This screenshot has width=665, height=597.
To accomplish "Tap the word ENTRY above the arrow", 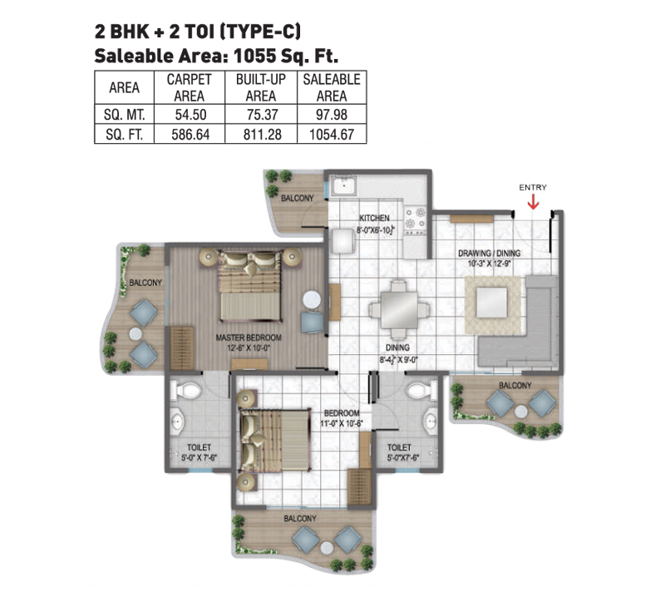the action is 533,187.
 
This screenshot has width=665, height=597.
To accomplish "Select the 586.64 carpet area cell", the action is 190,135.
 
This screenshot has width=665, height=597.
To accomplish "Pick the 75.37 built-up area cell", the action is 261,115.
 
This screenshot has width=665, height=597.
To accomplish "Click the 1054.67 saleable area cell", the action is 332,135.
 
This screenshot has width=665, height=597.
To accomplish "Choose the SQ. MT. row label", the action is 124,115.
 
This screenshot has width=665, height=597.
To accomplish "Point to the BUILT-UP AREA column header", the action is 261,87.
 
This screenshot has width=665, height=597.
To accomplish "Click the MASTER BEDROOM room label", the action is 249,338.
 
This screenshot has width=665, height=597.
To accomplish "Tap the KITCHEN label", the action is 374,218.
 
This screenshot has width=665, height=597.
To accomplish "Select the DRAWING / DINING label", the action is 489,254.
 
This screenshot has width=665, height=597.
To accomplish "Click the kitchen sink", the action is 343,185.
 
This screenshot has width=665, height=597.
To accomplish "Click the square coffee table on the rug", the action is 492,303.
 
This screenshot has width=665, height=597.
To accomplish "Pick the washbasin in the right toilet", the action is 430,422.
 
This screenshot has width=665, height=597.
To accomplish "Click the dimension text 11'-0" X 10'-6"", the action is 342,423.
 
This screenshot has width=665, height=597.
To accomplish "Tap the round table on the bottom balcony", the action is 327,548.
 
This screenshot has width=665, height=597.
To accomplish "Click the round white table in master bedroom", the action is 312,299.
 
